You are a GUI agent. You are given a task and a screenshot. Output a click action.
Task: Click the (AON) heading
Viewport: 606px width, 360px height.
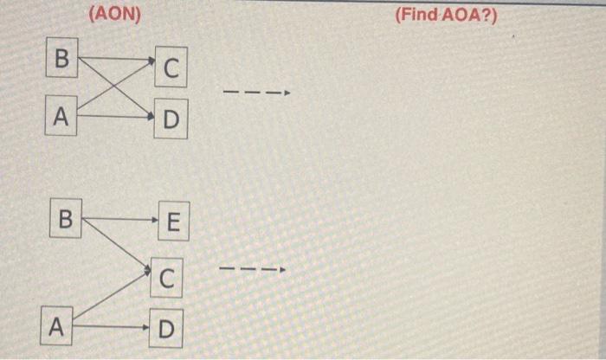pyautogui.click(x=114, y=15)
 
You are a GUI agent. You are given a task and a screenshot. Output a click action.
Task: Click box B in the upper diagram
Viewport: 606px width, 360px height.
pyautogui.click(x=61, y=60)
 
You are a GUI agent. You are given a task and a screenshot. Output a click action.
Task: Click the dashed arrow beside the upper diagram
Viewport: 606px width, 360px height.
pyautogui.click(x=255, y=93)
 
